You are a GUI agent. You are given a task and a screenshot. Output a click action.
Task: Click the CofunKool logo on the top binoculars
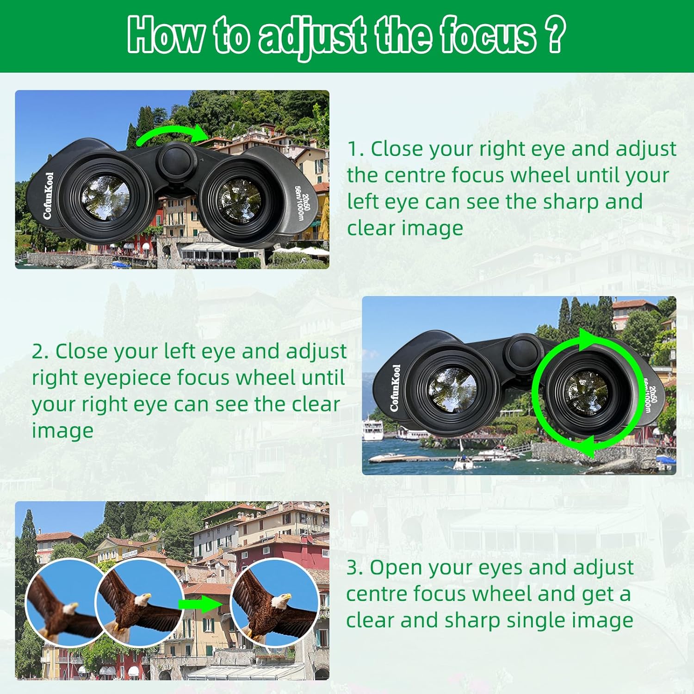(48, 196)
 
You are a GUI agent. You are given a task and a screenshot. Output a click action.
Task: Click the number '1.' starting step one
(356, 149)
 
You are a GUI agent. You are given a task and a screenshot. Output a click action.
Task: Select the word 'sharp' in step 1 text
(568, 203)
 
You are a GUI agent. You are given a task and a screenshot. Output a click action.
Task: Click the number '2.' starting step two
(40, 351)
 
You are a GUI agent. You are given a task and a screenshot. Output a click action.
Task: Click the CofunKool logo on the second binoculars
(395, 388)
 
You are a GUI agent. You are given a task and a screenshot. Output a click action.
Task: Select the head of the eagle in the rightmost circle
(281, 601)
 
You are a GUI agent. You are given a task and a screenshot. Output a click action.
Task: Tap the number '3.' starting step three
(355, 567)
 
